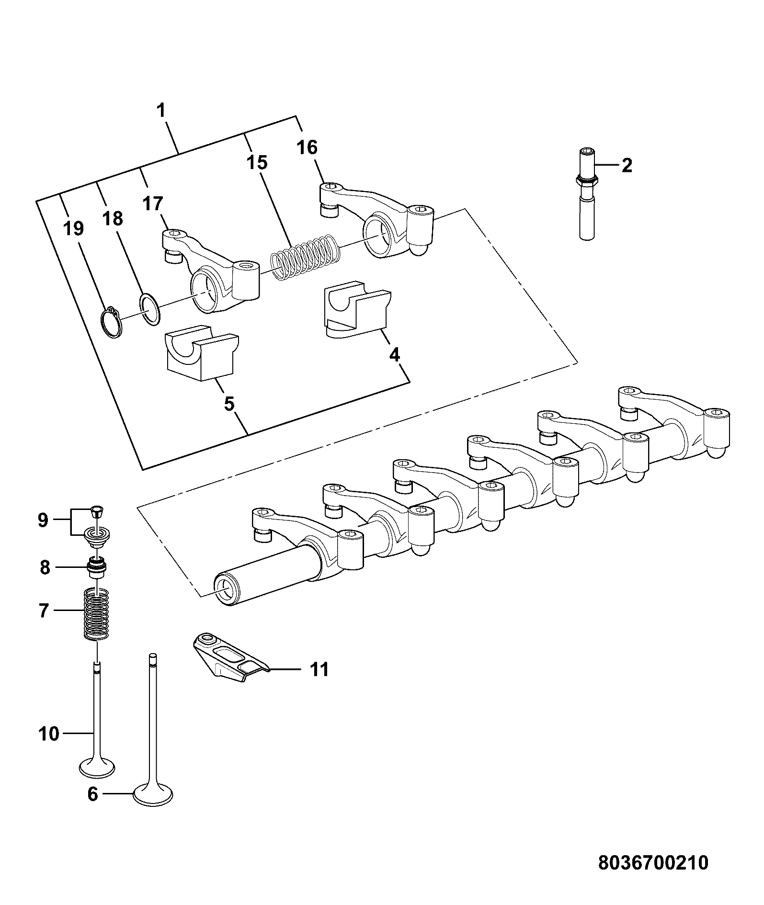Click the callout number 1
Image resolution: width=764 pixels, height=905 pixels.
pos(161,110)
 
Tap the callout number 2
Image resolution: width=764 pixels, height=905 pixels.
pos(626,165)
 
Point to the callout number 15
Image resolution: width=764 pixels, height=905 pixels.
pos(257,162)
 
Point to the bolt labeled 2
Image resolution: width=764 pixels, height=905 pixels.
pos(587,194)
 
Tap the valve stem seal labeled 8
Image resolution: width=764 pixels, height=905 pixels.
pos(96,566)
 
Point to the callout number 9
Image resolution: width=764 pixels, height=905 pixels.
pos(43,520)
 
